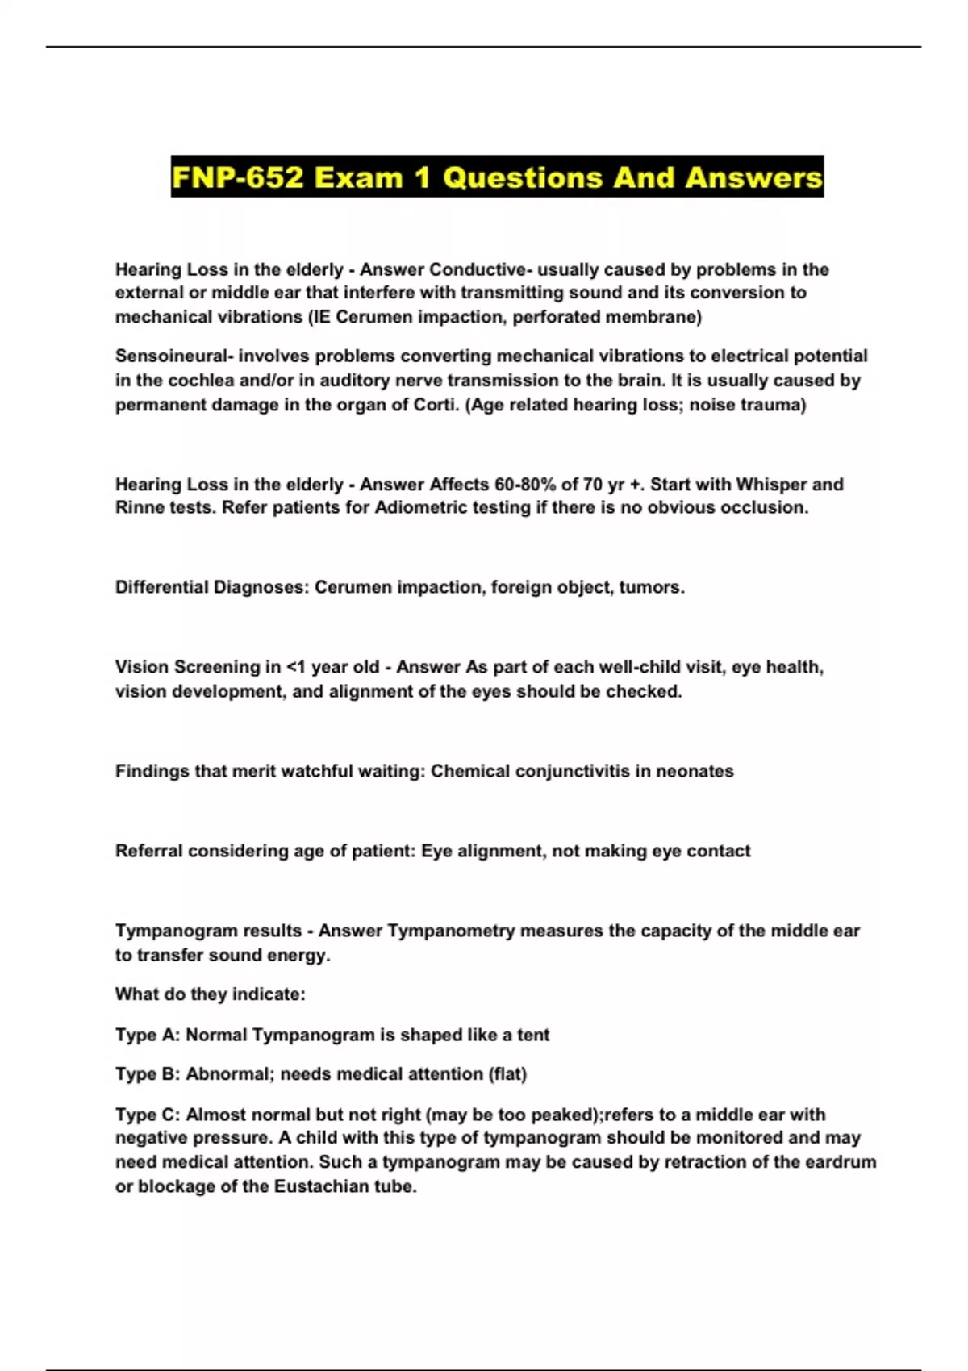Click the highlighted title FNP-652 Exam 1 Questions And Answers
point(497,177)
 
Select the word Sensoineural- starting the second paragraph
point(173,356)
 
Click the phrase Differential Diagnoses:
point(212,588)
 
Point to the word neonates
point(695,772)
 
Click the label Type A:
point(148,1036)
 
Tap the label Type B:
point(148,1075)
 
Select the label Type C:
point(148,1115)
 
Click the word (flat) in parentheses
point(507,1075)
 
